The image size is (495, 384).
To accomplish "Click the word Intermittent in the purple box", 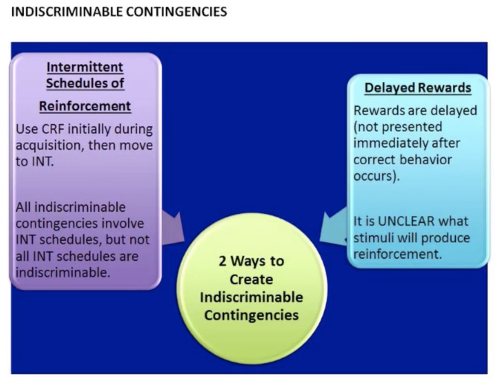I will tap(85, 67).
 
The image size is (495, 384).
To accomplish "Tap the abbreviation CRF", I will tap(53, 129).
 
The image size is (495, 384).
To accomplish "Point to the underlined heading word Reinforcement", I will tap(85, 106).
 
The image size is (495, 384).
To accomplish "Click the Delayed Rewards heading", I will tap(418, 88).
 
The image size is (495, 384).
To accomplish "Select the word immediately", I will tap(386, 143).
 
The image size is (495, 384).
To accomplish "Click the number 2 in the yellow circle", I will tap(223, 261).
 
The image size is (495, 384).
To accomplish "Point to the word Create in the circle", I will tap(251, 279).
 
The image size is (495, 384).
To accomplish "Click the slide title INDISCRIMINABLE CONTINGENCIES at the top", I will tap(119, 12).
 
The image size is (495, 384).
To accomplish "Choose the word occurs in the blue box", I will tap(374, 176).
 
